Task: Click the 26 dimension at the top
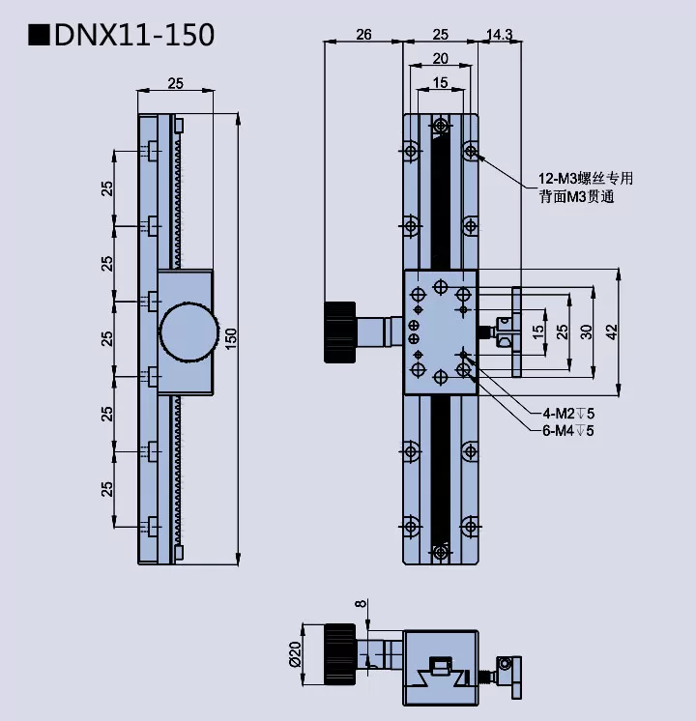362,35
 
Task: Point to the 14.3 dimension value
500,35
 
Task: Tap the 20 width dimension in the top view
440,58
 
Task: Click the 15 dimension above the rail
440,83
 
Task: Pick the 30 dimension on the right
586,332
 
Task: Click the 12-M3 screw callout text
585,178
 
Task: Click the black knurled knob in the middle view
339,332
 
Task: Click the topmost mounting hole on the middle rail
441,127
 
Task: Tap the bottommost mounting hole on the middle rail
441,551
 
